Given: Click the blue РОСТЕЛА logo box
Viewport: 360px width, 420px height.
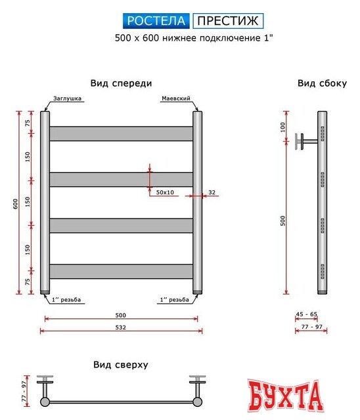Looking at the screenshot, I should (156, 21).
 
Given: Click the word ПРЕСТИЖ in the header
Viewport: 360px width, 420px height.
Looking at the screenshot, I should (227, 21).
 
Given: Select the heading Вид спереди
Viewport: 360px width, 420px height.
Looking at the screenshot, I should (121, 83).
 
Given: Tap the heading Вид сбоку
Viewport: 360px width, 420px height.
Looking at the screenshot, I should (322, 83).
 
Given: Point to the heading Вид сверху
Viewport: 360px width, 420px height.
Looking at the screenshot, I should (120, 364).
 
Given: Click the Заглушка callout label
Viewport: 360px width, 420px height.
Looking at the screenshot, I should (68, 98).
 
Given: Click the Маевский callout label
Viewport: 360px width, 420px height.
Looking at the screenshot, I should (175, 98).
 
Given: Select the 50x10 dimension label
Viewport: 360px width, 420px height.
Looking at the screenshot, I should (166, 192).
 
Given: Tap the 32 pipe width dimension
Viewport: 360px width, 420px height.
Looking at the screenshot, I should (211, 192).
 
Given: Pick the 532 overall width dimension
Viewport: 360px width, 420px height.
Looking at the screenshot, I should (121, 327).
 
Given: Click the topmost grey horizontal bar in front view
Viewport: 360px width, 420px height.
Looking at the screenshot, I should (121, 133).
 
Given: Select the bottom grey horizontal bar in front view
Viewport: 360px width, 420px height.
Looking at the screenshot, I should (121, 271).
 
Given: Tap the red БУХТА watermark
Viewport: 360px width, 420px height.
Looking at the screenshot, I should (286, 395).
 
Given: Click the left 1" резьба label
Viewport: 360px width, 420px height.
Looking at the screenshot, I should (68, 300).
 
